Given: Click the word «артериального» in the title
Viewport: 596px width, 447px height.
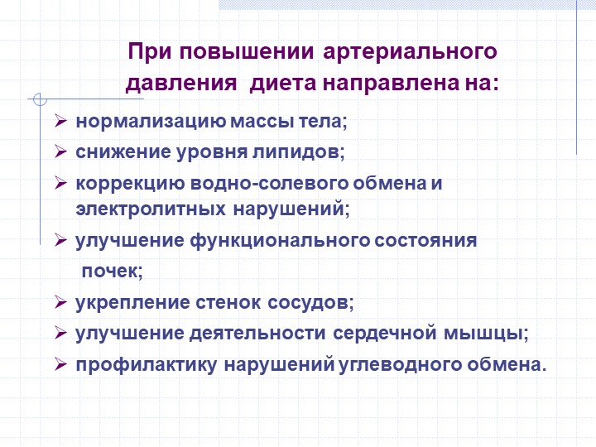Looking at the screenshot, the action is click(410, 52).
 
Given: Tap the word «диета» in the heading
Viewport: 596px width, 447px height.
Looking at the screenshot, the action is click(283, 84).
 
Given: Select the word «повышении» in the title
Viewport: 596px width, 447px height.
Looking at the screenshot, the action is click(247, 52).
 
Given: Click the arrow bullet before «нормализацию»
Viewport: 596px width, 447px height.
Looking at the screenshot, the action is click(60, 121).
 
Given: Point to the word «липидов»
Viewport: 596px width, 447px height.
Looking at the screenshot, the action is click(298, 152).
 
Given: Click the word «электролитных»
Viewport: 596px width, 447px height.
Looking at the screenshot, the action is click(151, 209).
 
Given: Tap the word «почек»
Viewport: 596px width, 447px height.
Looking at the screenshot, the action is click(112, 271).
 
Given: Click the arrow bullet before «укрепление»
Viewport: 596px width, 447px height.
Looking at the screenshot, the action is click(60, 302).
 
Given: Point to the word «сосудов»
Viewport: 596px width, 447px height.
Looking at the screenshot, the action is click(310, 303).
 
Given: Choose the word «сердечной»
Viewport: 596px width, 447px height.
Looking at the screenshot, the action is click(384, 334).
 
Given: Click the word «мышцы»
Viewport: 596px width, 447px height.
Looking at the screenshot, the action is click(486, 334).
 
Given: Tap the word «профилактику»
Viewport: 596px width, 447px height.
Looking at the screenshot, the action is click(147, 365).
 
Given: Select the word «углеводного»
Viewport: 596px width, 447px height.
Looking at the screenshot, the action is click(400, 365).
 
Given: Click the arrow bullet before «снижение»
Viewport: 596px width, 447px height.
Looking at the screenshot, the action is click(60, 151).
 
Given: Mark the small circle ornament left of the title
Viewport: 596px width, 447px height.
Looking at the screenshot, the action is click(40, 99).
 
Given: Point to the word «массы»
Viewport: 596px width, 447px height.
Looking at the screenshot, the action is click(262, 122).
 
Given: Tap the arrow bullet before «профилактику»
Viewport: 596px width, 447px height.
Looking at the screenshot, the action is click(60, 364).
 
